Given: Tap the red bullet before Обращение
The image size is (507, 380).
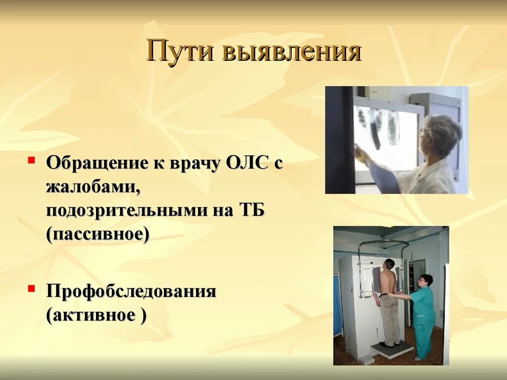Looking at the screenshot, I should [31, 160].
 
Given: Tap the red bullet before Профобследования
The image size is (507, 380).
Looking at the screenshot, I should [31, 287].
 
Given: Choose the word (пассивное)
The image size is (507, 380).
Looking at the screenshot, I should [98, 235].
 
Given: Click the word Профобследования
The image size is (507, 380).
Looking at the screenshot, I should [131, 291].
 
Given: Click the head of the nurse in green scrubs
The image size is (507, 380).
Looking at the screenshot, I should [425, 281].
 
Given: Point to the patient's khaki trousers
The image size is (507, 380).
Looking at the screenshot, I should [390, 319].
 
